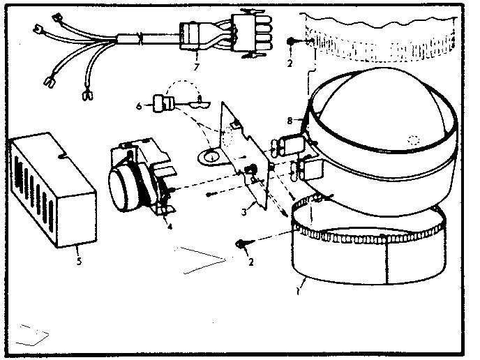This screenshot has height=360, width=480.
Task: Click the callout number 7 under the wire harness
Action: point(197,66)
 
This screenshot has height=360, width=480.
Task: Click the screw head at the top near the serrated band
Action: point(290,43)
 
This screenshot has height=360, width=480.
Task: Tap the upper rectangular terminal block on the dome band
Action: point(287,144)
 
